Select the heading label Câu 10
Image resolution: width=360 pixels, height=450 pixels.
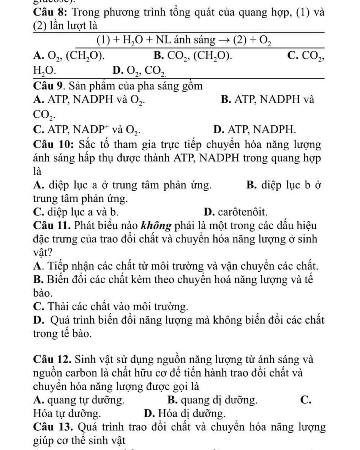tap(53, 145)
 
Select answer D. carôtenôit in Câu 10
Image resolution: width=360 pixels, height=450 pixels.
tap(235, 212)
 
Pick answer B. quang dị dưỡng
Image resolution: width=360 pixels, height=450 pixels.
tap(212, 400)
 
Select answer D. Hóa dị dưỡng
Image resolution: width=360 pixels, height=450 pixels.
tap(185, 413)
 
